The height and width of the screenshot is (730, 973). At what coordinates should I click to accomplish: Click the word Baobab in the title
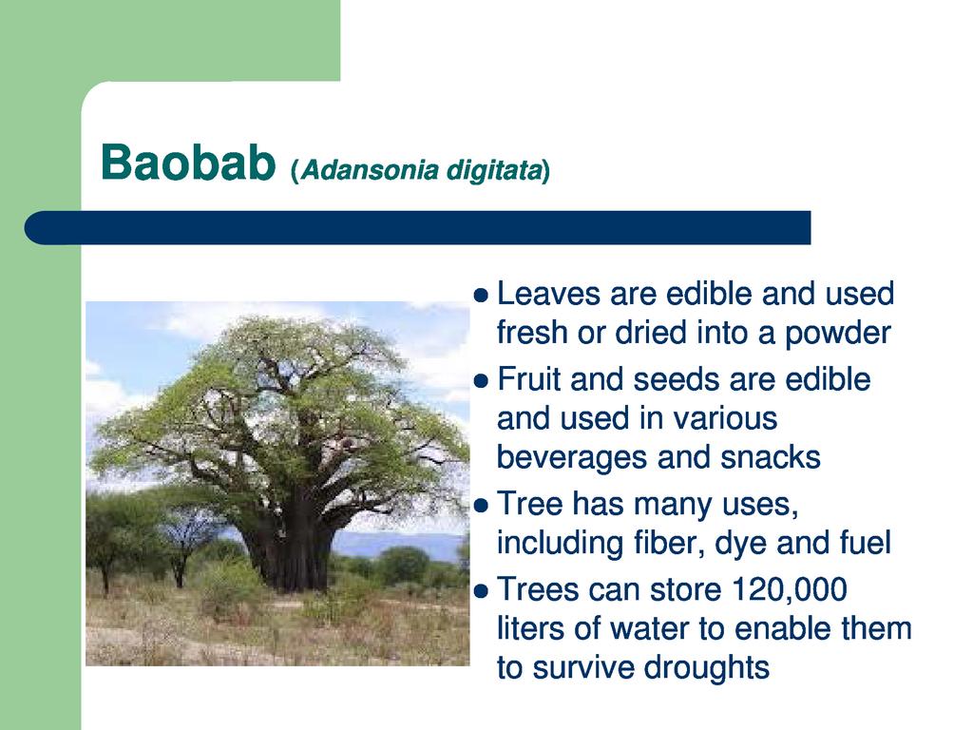(188, 163)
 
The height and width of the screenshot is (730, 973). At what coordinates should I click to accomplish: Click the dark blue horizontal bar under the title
(418, 228)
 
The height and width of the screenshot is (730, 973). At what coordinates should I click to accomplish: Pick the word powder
(838, 334)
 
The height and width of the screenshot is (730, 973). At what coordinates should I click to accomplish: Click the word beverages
(572, 458)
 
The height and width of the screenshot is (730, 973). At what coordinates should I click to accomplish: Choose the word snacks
(771, 457)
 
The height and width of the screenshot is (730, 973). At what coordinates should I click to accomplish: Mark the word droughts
(707, 668)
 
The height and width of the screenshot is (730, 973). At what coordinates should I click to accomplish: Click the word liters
(531, 627)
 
